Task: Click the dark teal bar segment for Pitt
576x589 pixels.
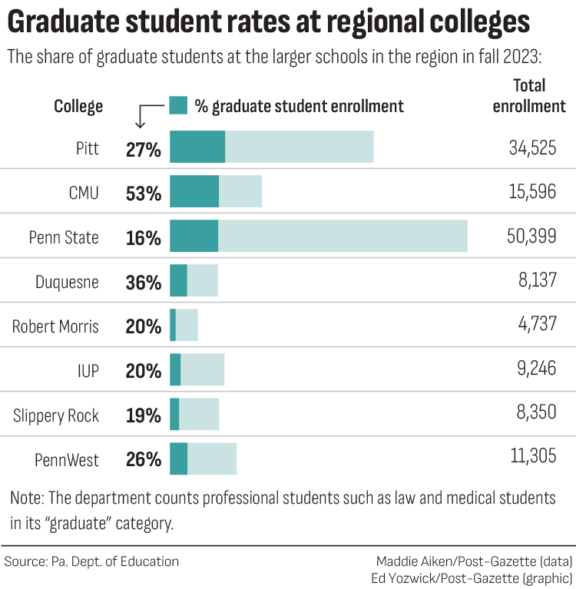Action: [x=197, y=147]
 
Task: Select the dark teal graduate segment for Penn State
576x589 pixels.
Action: [x=194, y=236]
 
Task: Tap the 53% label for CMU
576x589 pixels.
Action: [x=144, y=193]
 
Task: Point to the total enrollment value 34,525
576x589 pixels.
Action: [x=532, y=147]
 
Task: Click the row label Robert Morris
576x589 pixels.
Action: [x=55, y=326]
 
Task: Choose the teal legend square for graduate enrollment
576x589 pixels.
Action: [x=178, y=105]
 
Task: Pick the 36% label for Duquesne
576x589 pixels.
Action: [x=144, y=282]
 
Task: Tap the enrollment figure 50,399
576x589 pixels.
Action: [x=532, y=237]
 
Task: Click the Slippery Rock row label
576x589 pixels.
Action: [x=56, y=415]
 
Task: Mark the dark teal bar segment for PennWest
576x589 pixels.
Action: [x=178, y=458]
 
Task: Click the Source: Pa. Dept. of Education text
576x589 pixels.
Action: [x=91, y=561]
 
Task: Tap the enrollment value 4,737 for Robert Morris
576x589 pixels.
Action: [x=537, y=326]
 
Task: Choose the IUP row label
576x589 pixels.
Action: [x=88, y=371]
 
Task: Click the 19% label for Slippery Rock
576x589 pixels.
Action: [x=144, y=415]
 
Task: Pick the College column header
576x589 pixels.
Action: [x=78, y=106]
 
